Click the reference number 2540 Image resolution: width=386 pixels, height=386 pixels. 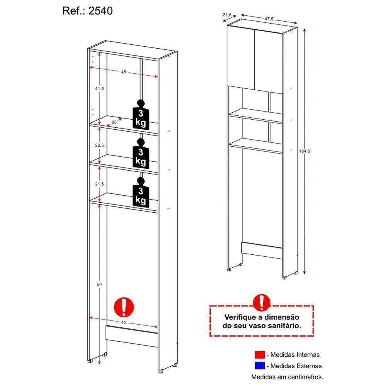[102, 11]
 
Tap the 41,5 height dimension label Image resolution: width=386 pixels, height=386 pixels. [100, 88]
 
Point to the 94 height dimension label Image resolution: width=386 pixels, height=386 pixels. [99, 284]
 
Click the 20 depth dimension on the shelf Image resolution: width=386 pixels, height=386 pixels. [114, 122]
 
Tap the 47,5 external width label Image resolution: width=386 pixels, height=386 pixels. [270, 18]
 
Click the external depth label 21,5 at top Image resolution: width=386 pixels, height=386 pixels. [227, 15]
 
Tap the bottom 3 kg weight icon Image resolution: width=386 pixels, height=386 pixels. [141, 192]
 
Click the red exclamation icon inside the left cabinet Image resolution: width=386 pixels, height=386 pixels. [124, 308]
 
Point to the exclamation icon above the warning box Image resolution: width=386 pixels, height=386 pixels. [261, 303]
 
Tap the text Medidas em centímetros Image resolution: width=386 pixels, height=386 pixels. [287, 376]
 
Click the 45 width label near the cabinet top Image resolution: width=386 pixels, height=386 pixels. [124, 72]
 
